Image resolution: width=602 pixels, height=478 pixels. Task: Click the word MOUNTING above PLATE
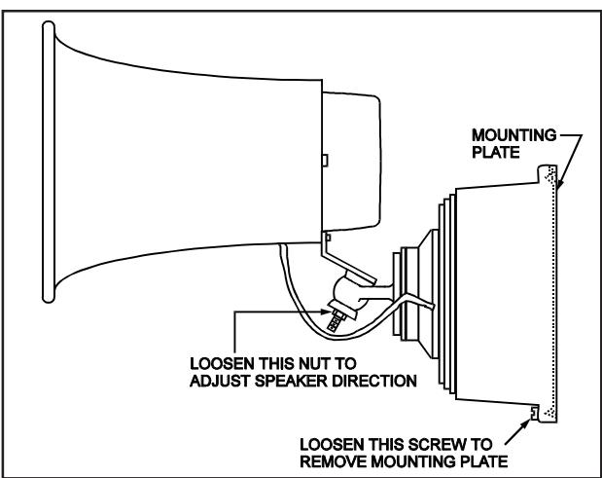[x=514, y=135]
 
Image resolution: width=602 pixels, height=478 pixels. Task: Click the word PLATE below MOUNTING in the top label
[x=495, y=153]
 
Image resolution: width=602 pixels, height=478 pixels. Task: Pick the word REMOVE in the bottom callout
[x=334, y=461]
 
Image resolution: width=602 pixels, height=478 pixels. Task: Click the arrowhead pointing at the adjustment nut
[x=326, y=312]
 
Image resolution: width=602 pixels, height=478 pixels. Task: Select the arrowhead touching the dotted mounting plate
[x=559, y=184]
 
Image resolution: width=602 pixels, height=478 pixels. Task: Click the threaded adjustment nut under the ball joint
[x=336, y=318]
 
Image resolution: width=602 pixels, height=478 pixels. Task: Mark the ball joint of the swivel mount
[x=348, y=292]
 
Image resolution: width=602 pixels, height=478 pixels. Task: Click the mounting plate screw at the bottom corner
[x=534, y=413]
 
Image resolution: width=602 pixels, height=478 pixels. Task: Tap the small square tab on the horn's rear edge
[x=325, y=161]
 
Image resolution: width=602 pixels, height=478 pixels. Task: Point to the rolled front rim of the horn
[x=49, y=163]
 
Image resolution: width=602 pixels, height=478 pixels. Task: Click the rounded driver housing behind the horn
[x=351, y=162]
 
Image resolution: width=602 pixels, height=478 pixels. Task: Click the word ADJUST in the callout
[x=220, y=381]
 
